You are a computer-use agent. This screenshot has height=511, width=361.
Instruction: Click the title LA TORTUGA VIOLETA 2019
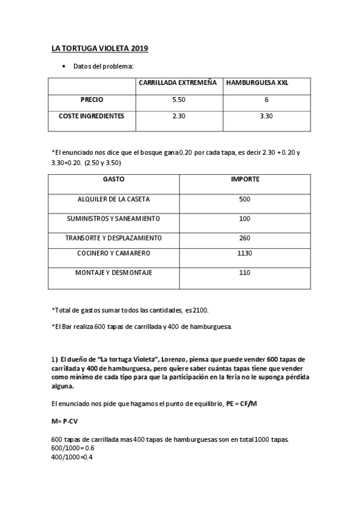click(x=99, y=48)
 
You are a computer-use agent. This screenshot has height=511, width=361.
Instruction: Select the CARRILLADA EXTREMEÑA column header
click(x=178, y=83)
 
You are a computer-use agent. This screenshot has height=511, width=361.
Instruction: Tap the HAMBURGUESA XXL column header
click(x=257, y=83)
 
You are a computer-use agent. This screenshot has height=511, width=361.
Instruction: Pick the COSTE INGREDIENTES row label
click(x=92, y=116)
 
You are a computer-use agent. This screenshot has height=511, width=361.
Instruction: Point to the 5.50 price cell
click(x=178, y=99)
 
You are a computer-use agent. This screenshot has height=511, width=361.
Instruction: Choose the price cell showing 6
click(x=266, y=99)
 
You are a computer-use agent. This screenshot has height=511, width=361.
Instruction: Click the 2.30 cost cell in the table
click(x=178, y=116)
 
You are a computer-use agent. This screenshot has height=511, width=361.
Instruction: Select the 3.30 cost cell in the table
click(x=266, y=116)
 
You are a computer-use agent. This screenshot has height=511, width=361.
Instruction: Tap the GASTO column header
click(x=114, y=180)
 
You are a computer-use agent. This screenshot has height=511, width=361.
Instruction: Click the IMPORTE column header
click(x=245, y=180)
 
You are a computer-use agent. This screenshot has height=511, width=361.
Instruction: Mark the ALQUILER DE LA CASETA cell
click(x=114, y=199)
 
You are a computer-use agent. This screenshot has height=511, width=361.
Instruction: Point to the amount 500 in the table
click(x=245, y=199)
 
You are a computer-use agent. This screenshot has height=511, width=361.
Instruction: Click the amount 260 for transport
click(x=245, y=237)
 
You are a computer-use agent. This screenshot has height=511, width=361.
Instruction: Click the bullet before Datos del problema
click(x=64, y=66)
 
